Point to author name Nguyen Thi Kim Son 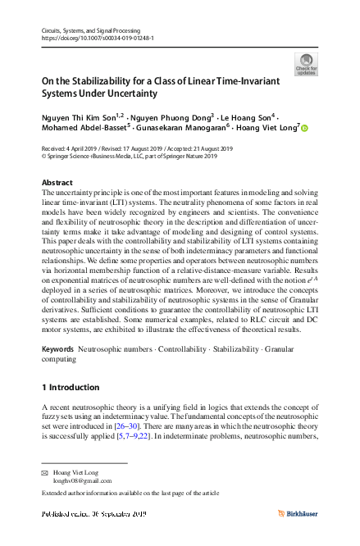[x=76, y=118]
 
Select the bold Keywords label [x=60, y=372]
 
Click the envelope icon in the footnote [x=46, y=475]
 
